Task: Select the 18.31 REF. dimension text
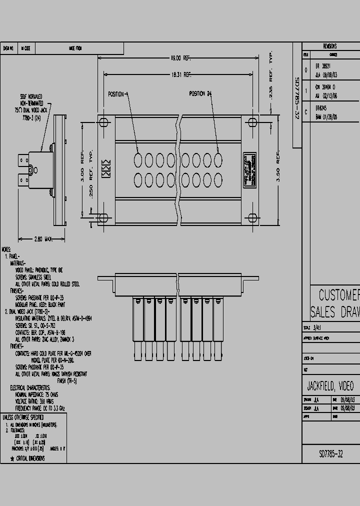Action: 181,74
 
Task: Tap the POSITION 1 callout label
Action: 118,94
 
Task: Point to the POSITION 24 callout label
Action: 200,94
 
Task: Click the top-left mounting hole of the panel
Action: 103,122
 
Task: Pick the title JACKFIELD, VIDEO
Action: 330,386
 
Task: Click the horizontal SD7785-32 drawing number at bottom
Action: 331,454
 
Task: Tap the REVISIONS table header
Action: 330,46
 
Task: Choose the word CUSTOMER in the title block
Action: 339,294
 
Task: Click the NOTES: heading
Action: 6,248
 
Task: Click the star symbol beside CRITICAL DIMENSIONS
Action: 12,458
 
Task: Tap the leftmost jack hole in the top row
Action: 138,159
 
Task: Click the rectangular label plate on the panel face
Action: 249,170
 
